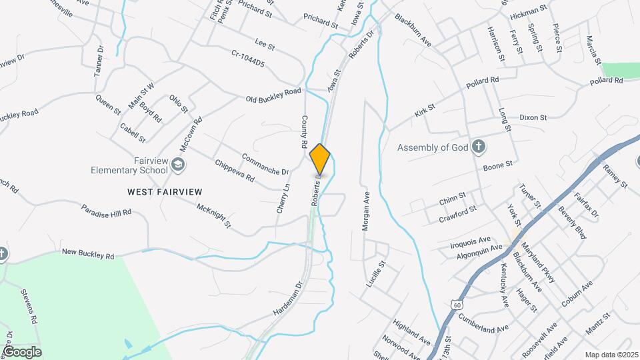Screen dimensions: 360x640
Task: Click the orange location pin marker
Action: [x=320, y=159]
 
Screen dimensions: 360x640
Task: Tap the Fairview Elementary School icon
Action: [x=177, y=163]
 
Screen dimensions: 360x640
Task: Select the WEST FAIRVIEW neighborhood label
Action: [x=164, y=192]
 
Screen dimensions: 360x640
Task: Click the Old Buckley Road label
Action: [x=273, y=95]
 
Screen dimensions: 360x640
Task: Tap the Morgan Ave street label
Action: [x=365, y=212]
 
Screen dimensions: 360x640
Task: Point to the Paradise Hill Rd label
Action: [x=107, y=212]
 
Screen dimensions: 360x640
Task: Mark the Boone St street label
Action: [x=497, y=164]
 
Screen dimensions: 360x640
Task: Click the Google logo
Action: [x=21, y=351]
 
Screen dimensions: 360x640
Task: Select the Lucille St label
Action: [x=376, y=274]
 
